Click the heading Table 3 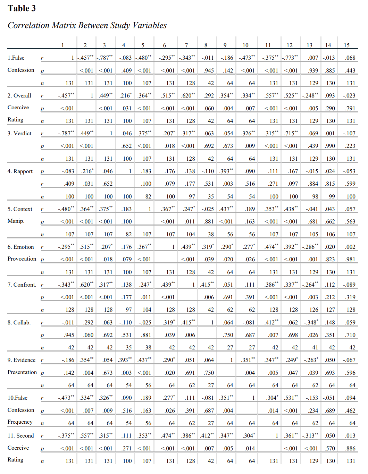[22, 8]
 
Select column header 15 [346, 45]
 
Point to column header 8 [206, 45]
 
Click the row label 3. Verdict [19, 133]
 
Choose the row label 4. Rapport [20, 171]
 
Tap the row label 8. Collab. [19, 322]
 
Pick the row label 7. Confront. [22, 285]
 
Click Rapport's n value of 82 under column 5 [148, 196]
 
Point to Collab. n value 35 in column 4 [129, 347]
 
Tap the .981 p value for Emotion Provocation [350, 259]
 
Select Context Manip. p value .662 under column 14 [330, 221]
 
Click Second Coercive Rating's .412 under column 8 [207, 435]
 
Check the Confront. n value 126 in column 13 [314, 310]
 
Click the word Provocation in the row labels [22, 259]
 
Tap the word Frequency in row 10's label [20, 422]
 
